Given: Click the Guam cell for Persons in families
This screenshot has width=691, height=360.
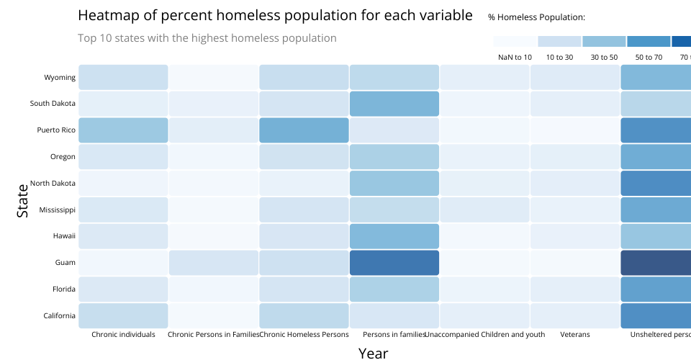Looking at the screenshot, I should pyautogui.click(x=394, y=263).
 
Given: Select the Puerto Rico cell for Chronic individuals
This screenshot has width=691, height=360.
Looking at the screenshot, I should pyautogui.click(x=123, y=130).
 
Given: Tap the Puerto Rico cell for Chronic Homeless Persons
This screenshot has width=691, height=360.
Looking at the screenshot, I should pyautogui.click(x=304, y=130).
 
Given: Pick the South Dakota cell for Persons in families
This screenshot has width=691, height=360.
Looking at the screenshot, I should pyautogui.click(x=394, y=104).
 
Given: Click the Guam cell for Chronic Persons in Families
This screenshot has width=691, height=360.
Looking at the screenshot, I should pyautogui.click(x=213, y=263).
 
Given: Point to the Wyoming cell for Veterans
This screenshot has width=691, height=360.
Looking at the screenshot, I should pyautogui.click(x=574, y=77).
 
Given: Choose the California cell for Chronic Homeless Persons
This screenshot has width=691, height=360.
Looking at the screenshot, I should pyautogui.click(x=304, y=315).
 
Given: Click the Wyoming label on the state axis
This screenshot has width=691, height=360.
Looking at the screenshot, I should pyautogui.click(x=60, y=77).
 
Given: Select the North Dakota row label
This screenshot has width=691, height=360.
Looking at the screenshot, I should pyautogui.click(x=53, y=183).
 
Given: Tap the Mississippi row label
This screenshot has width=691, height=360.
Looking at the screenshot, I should pyautogui.click(x=56, y=210).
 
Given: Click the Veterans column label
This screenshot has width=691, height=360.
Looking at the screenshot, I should pyautogui.click(x=574, y=335).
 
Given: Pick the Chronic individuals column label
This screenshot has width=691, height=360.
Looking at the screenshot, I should pyautogui.click(x=123, y=335).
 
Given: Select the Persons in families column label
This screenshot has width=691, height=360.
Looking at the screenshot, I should pyautogui.click(x=394, y=335).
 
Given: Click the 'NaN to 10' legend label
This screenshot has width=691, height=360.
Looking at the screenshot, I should pyautogui.click(x=515, y=57).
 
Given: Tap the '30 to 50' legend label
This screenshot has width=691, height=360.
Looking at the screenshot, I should pyautogui.click(x=604, y=57).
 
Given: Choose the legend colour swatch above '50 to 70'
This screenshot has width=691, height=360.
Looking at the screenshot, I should pyautogui.click(x=649, y=42).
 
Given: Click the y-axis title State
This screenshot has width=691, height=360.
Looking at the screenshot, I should pyautogui.click(x=23, y=200).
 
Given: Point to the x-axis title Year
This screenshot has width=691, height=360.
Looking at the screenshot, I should pyautogui.click(x=374, y=353).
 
